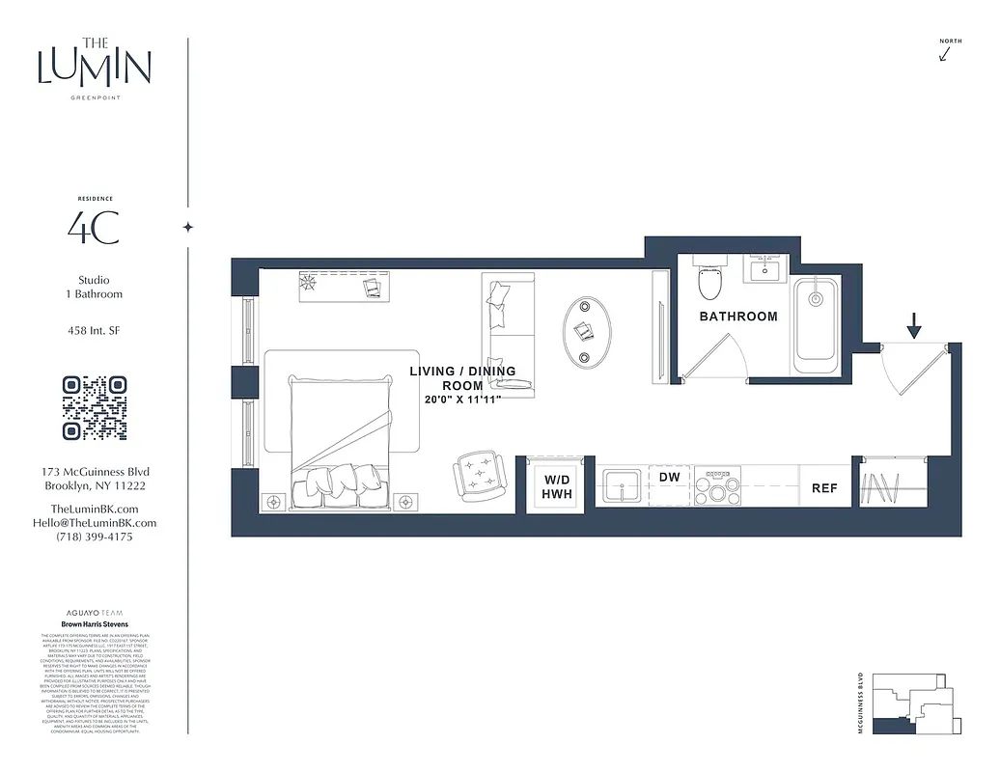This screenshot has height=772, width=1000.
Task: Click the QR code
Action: point(95,408)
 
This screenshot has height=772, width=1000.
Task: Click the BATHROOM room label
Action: point(738,317)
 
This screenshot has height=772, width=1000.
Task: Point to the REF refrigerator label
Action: point(824,488)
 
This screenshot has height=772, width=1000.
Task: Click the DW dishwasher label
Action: point(670,477)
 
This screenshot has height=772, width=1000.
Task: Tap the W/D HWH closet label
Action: point(558,486)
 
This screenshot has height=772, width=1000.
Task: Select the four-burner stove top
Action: point(718,488)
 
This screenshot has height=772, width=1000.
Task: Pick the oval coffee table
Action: point(587,330)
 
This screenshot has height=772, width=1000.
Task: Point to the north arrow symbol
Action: point(945,54)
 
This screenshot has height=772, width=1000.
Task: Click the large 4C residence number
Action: point(94,228)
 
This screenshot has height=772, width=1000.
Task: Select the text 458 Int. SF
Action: point(95,331)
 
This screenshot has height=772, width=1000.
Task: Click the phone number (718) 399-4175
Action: point(95,537)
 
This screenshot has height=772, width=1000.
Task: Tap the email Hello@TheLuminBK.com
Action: point(95,523)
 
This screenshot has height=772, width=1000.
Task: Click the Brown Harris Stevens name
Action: point(95,624)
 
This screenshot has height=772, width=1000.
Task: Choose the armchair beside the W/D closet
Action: point(479,475)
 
